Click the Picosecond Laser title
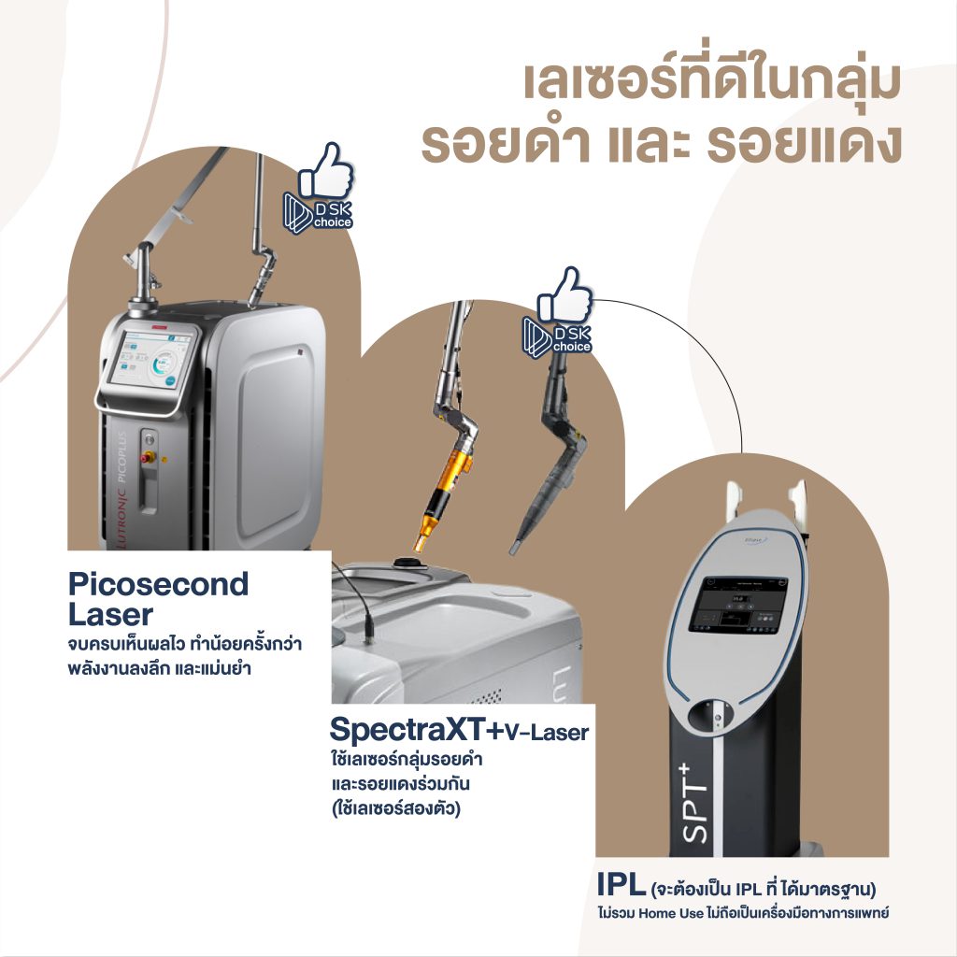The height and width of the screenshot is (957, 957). [x=158, y=599]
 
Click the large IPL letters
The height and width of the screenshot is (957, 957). [x=621, y=882]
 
